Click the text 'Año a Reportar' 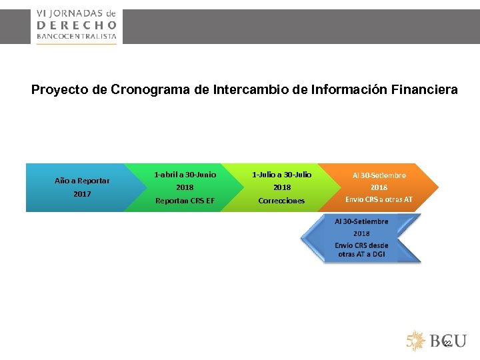[x=82, y=180]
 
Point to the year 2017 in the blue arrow [x=82, y=194]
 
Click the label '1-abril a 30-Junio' [x=185, y=175]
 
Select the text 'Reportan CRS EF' [x=185, y=201]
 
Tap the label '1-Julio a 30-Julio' [x=281, y=175]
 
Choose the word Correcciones [x=281, y=201]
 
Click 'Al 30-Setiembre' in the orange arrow [x=379, y=175]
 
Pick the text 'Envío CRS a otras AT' [x=379, y=199]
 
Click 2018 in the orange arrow [x=379, y=187]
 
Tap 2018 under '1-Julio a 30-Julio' [x=281, y=187]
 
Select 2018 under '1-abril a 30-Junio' [x=185, y=187]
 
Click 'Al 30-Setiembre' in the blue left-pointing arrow [x=361, y=221]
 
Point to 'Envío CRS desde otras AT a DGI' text [x=361, y=250]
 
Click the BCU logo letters [x=447, y=341]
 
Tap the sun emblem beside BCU [x=416, y=341]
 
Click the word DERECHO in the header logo [x=76, y=24]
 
